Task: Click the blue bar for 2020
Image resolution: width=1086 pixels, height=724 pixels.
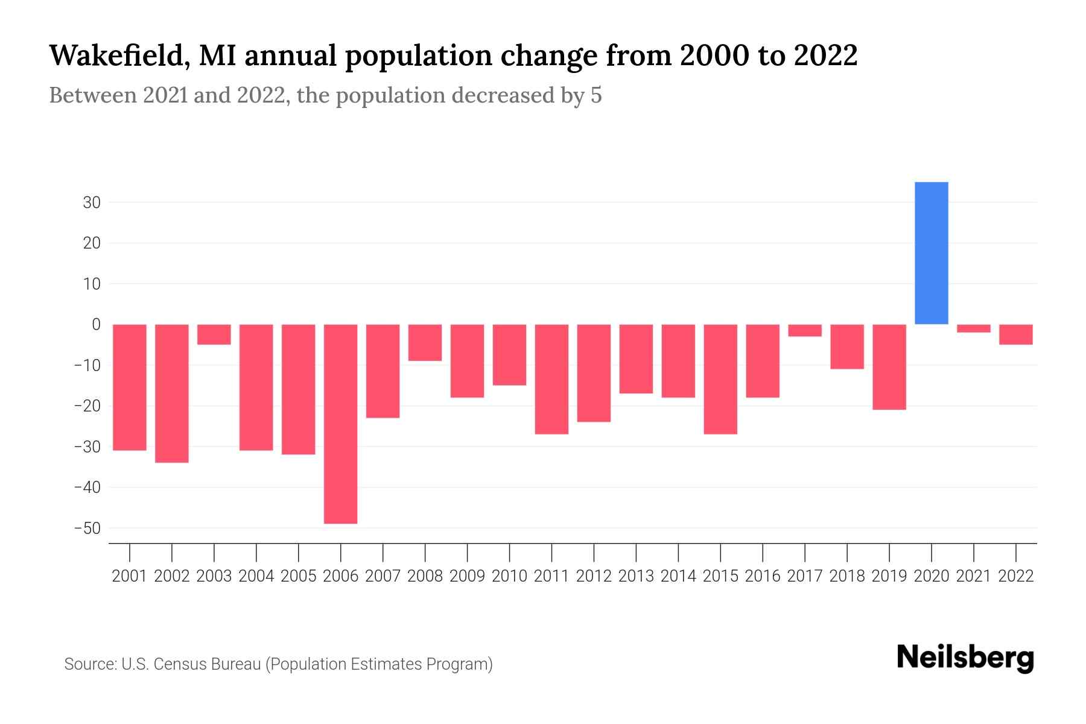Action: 931,253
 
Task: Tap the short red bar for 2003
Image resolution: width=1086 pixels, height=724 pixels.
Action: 214,334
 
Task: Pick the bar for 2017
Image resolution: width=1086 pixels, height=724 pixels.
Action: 804,330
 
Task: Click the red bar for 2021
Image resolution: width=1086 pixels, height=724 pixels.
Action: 973,328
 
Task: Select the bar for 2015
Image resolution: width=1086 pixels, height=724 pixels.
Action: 720,379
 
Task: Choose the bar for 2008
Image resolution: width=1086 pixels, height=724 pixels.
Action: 425,342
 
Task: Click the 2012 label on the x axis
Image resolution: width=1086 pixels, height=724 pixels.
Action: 594,576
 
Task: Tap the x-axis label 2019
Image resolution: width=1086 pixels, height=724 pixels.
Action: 889,576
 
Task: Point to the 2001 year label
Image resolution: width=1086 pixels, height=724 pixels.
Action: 130,576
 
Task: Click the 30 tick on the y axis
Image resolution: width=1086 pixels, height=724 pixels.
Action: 92,203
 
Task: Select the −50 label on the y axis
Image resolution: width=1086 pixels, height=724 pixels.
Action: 87,529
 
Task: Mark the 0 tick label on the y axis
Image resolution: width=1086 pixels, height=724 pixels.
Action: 96,325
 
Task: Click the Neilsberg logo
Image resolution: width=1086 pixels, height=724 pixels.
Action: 965,658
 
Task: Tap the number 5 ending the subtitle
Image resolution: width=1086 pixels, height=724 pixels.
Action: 595,95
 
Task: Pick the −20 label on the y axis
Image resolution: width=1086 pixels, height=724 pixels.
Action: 87,406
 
